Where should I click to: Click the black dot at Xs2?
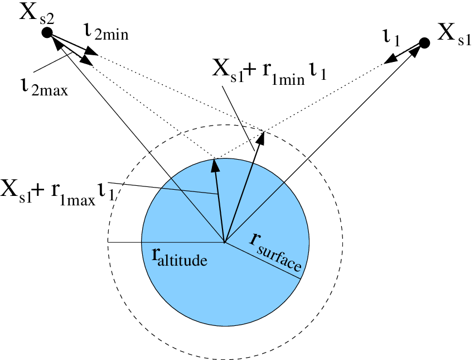[47, 33]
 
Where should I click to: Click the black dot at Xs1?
[424, 42]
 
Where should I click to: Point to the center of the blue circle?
[224, 242]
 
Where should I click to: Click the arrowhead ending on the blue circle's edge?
[214, 164]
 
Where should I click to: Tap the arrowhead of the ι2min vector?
[93, 54]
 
